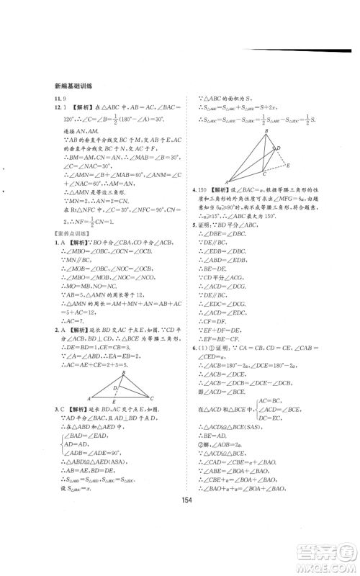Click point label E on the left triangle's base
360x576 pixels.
pyautogui.click(x=118, y=403)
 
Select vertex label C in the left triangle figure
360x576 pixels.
pyautogui.click(x=150, y=398)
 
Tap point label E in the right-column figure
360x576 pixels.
pyautogui.click(x=289, y=164)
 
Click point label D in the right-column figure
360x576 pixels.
pyautogui.click(x=279, y=149)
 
